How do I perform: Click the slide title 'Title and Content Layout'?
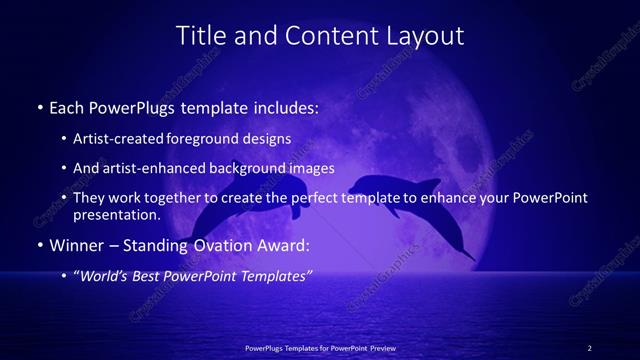[320, 36]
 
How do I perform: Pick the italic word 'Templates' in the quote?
[274, 275]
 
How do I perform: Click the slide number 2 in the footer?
[590, 348]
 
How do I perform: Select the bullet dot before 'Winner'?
[39, 245]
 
